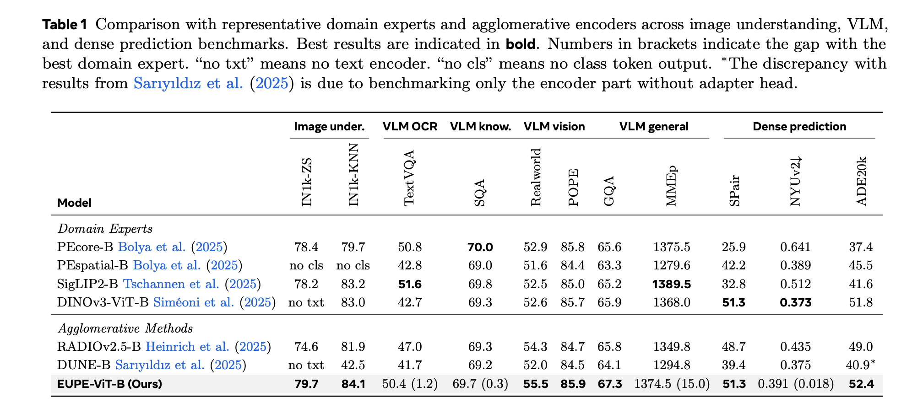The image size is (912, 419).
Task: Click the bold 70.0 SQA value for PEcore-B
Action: click(x=480, y=247)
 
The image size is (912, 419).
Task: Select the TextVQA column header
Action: click(x=409, y=178)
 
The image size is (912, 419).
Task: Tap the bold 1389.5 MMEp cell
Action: click(x=672, y=284)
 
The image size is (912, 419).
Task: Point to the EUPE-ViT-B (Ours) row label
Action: click(x=109, y=384)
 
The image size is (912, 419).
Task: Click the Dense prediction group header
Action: click(x=799, y=127)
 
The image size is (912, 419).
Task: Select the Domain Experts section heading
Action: click(x=105, y=228)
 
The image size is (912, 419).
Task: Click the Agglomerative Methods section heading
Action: click(x=125, y=328)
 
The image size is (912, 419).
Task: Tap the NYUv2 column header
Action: click(x=796, y=181)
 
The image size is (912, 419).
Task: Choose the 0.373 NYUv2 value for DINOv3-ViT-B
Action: click(x=796, y=302)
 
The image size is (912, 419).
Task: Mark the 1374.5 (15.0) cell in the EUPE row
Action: click(x=672, y=384)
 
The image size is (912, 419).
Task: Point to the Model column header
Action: click(x=74, y=203)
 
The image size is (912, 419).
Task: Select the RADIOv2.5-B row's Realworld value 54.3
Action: click(x=535, y=347)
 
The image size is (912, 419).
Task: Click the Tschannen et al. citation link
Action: click(x=171, y=284)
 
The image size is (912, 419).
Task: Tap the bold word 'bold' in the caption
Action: click(x=520, y=44)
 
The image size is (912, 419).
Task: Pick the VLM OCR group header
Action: click(x=410, y=127)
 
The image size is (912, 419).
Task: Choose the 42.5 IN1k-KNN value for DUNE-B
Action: click(x=353, y=365)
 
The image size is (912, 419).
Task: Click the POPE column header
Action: click(x=573, y=188)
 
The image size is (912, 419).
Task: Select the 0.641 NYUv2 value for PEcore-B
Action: click(x=796, y=247)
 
